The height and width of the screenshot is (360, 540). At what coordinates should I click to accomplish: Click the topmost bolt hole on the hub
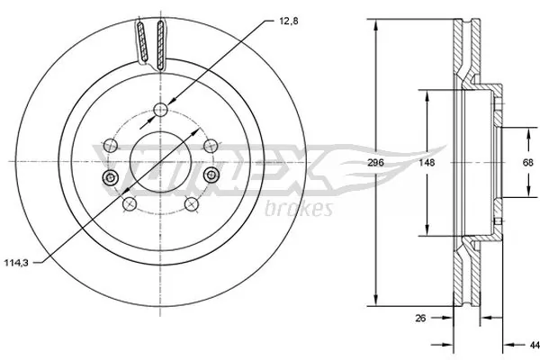pos(161,110)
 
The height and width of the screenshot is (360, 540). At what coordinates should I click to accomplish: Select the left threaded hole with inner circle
pos(110,176)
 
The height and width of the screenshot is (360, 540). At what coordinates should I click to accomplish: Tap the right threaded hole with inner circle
pos(211,175)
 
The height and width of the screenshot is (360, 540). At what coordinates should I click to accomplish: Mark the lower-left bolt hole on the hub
pos(129,205)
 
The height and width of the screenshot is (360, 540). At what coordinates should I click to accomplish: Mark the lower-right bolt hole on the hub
pos(192,205)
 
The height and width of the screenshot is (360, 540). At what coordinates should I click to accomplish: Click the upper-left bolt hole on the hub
pos(110,143)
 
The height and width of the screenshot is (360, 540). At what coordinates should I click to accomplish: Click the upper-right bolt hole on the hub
pos(211,143)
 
